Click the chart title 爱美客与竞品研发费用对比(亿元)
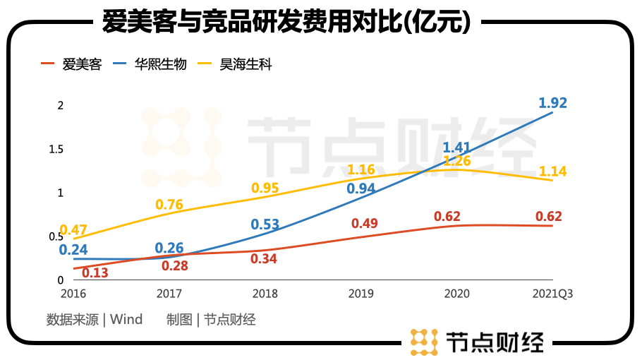coord(286,22)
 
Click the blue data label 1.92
coord(552,103)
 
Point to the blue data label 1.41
coord(456,148)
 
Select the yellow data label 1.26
coord(456,161)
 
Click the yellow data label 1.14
coord(552,172)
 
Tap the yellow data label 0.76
coord(169,205)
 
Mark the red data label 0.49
coord(365,224)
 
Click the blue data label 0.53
coord(265,225)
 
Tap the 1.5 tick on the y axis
coord(56,149)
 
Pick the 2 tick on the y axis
coord(61,105)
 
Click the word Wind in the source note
coord(126,320)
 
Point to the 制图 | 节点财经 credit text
coord(211,320)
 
